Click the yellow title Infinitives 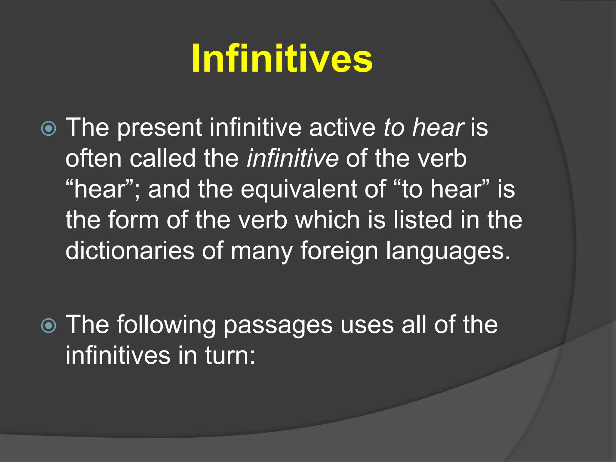coord(282,58)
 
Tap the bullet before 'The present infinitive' coord(48,129)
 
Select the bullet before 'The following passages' coord(48,326)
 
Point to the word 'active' coord(342,128)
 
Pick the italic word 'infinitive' coord(292,158)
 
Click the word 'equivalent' coord(313,189)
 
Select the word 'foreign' coord(339,251)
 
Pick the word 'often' coord(94,158)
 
